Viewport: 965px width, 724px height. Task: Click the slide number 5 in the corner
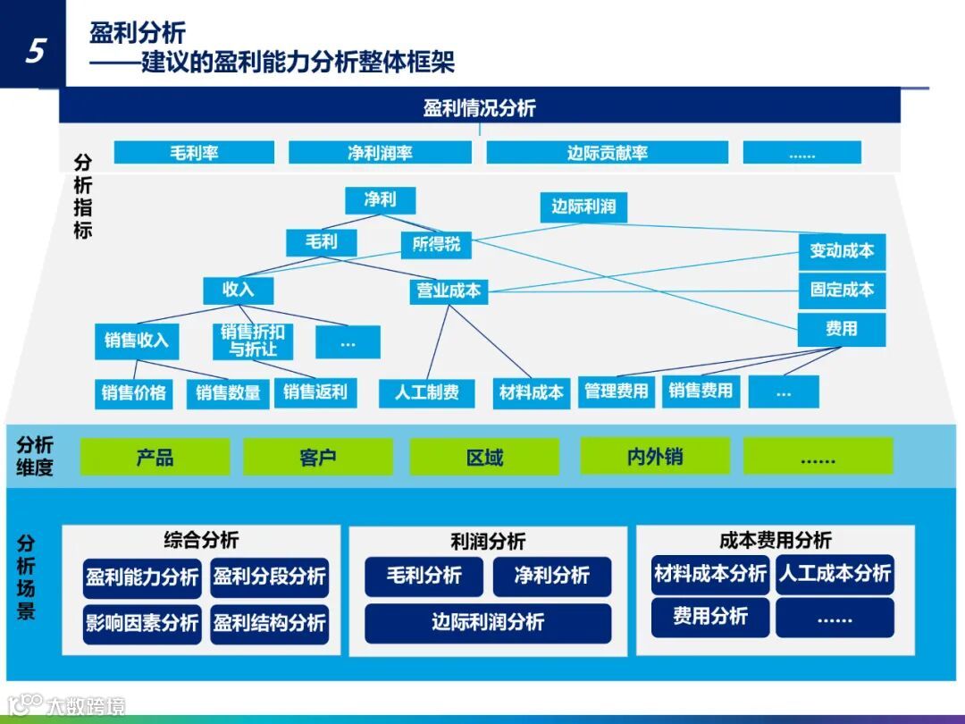(x=34, y=50)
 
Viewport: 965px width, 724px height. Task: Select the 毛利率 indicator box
(x=194, y=153)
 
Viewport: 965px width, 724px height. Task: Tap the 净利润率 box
(x=380, y=153)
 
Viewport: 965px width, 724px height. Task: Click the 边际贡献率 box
(x=607, y=153)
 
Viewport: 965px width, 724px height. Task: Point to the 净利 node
(x=380, y=200)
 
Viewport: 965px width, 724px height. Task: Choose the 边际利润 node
(x=583, y=207)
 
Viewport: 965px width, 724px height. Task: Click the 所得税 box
(x=436, y=244)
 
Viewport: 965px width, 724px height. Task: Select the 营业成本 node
(x=449, y=290)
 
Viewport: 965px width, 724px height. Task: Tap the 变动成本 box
(x=842, y=251)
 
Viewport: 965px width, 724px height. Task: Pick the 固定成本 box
(x=842, y=290)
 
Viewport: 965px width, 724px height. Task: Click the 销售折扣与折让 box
(x=253, y=341)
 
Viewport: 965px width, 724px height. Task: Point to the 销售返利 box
(x=315, y=391)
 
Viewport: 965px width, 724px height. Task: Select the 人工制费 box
(x=427, y=391)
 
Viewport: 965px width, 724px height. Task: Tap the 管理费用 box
(x=617, y=391)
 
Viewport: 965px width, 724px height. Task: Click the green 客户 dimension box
(x=318, y=458)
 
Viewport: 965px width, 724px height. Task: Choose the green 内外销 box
(x=654, y=458)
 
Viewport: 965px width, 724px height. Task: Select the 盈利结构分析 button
(x=269, y=623)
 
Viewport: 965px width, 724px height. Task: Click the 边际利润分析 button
(x=488, y=623)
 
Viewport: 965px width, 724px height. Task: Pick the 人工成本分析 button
(x=835, y=574)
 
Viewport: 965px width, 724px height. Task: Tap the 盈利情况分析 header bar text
(x=480, y=108)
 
